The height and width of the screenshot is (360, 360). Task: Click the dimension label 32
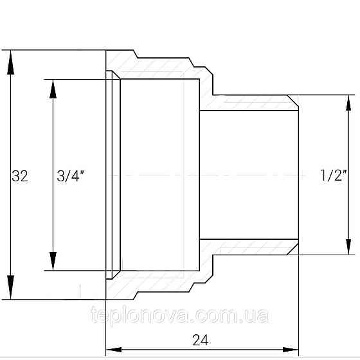pyautogui.click(x=20, y=176)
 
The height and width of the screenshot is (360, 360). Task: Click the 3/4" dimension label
pyautogui.click(x=71, y=176)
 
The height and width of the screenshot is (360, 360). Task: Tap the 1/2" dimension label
pyautogui.click(x=333, y=175)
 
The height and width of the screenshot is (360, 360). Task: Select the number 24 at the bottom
pyautogui.click(x=201, y=340)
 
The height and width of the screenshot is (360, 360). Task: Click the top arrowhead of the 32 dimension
pyautogui.click(x=10, y=62)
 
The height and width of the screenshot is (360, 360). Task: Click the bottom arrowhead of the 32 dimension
pyautogui.click(x=10, y=287)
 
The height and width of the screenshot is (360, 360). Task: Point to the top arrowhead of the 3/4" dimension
pyautogui.click(x=53, y=89)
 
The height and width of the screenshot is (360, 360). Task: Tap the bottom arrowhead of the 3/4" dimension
pyautogui.click(x=53, y=261)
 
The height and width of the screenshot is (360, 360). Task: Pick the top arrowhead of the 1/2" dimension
pyautogui.click(x=348, y=103)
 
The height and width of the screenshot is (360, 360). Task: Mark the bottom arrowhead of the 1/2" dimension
pyautogui.click(x=348, y=247)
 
